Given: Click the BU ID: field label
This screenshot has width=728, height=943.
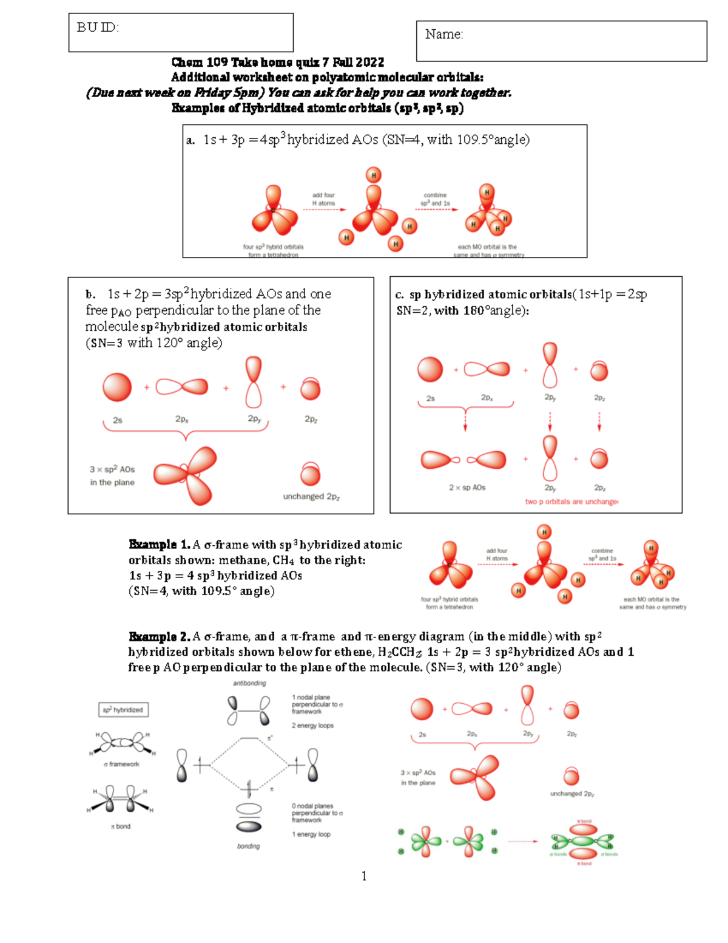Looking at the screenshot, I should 98,27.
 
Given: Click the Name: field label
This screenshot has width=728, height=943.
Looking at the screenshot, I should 444,35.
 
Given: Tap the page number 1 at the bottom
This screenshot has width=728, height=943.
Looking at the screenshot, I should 364,876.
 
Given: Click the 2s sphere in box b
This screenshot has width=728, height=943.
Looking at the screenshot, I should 117,387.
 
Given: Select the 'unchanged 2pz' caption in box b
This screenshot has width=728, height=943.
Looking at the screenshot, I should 311,497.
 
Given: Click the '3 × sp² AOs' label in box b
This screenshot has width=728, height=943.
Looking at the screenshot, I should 112,469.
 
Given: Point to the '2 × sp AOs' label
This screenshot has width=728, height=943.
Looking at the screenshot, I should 467,488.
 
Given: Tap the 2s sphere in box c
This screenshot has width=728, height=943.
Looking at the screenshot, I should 430,369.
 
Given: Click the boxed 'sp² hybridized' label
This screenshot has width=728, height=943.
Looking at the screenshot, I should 123,710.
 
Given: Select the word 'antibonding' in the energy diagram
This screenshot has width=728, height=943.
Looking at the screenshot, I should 249,683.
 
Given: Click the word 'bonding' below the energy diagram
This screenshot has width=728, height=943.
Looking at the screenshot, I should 248,846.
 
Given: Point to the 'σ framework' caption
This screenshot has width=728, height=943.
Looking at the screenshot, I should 121,764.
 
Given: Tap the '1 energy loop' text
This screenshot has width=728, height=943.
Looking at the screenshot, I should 311,834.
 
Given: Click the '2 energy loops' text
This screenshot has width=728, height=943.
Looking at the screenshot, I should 312,726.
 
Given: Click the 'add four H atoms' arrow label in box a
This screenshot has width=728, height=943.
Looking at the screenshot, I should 323,199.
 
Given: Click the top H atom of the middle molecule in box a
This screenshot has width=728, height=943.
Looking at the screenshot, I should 374,175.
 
